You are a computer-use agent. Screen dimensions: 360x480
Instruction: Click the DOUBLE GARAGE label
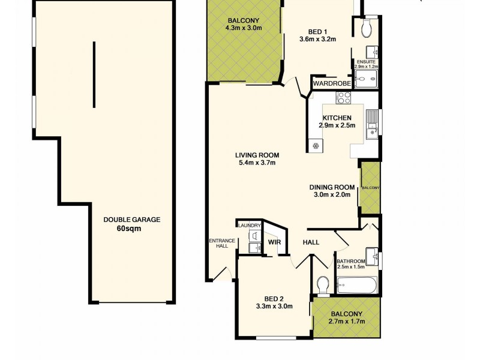click(131, 220)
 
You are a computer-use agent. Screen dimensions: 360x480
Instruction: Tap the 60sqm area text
click(131, 228)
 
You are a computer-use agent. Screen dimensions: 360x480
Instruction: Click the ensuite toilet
click(367, 27)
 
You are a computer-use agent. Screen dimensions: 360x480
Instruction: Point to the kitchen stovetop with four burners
click(344, 98)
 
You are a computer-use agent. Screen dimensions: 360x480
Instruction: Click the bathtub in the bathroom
click(357, 285)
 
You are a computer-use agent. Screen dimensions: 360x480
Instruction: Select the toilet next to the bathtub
click(323, 284)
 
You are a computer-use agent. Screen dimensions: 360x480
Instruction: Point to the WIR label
click(274, 242)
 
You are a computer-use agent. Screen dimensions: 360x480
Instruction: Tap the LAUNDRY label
click(249, 225)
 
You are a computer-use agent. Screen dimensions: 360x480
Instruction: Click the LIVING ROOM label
click(257, 155)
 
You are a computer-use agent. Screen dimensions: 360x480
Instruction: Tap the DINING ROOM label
click(332, 187)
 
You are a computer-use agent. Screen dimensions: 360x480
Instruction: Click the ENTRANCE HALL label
click(217, 243)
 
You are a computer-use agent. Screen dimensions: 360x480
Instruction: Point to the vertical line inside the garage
click(94, 74)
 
